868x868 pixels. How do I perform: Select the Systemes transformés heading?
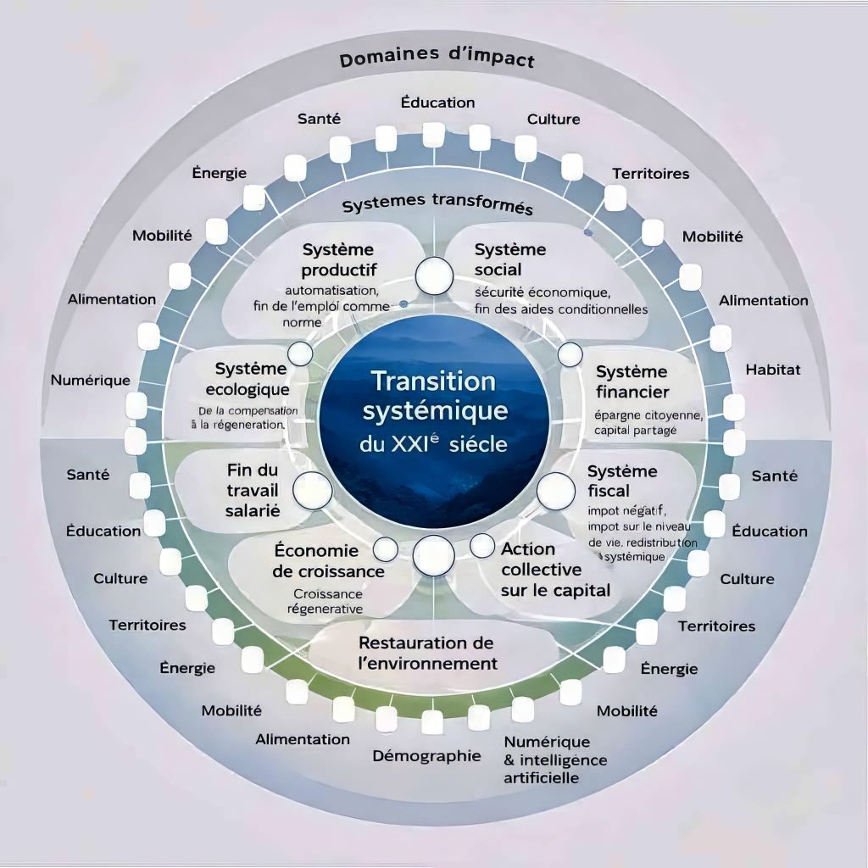[x=437, y=206]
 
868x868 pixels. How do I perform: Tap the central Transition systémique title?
[x=434, y=395]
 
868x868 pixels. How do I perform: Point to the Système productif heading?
[x=337, y=260]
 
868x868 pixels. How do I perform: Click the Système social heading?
[x=510, y=260]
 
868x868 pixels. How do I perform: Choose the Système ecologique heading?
[x=251, y=379]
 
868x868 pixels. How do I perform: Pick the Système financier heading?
[x=632, y=381]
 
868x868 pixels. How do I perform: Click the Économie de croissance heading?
[x=328, y=560]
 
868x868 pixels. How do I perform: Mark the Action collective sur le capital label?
[x=554, y=570]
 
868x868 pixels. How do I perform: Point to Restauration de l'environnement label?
[x=427, y=653]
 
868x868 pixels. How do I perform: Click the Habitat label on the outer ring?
[x=772, y=370]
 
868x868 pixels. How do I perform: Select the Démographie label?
[x=426, y=756]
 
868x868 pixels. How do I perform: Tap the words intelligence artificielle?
[x=555, y=768]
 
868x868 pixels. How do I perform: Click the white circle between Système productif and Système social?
[x=434, y=274]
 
